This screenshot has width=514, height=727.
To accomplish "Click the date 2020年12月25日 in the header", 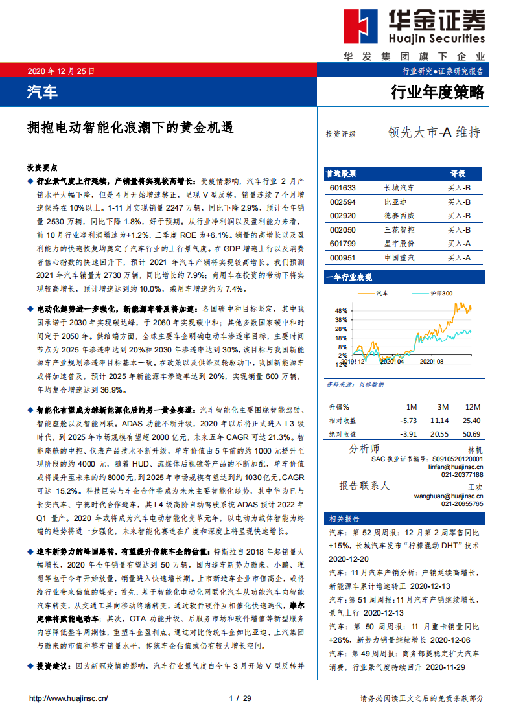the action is pos(61,71).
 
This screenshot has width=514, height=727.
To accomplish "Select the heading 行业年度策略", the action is pos(438,92).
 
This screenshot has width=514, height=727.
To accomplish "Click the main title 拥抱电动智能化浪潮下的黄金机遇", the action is pos(130,127).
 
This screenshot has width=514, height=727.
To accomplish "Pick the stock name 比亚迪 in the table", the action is pos(394,202).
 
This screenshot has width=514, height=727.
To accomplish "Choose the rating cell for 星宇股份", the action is pos(458,244).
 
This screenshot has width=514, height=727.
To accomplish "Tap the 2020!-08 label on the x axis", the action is pos(430,361).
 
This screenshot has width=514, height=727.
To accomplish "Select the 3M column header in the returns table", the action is pos(443,407).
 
